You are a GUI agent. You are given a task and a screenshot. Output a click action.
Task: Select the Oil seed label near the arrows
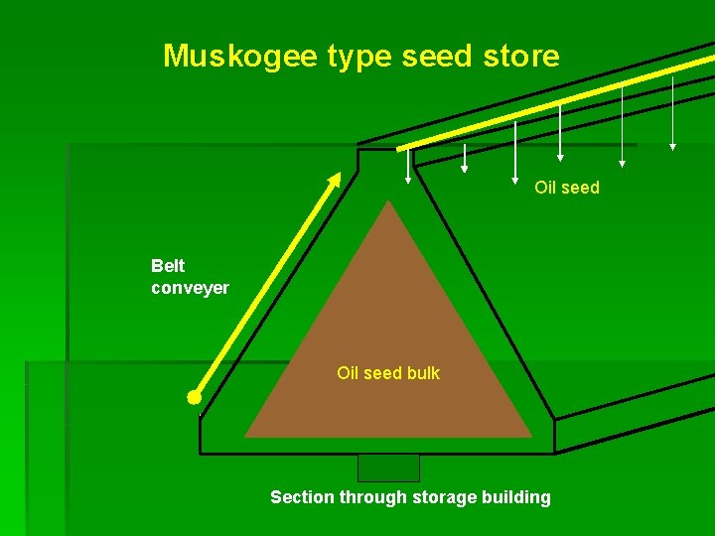pyautogui.click(x=567, y=188)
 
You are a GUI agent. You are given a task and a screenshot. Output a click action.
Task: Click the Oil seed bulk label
pyautogui.click(x=388, y=373)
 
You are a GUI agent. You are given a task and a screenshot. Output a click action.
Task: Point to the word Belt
pyautogui.click(x=168, y=266)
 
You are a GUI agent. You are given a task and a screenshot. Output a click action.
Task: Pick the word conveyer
pyautogui.click(x=190, y=288)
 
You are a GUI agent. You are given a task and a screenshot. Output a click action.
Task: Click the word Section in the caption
pyautogui.click(x=301, y=497)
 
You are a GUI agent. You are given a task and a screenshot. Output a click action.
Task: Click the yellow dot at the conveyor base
pyautogui.click(x=194, y=397)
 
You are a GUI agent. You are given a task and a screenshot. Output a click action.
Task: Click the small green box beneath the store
pyautogui.click(x=388, y=468)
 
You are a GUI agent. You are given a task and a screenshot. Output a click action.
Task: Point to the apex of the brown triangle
pyautogui.click(x=388, y=201)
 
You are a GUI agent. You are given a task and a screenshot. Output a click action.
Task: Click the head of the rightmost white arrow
pyautogui.click(x=672, y=147)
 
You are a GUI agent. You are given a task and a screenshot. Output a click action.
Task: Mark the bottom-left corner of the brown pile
pyautogui.click(x=246, y=437)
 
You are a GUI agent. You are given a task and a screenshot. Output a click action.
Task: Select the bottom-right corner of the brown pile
pyautogui.click(x=531, y=437)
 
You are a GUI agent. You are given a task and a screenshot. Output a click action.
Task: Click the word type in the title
pyautogui.click(x=361, y=58)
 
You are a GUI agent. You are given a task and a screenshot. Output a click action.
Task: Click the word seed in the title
pyautogui.click(x=435, y=56)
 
